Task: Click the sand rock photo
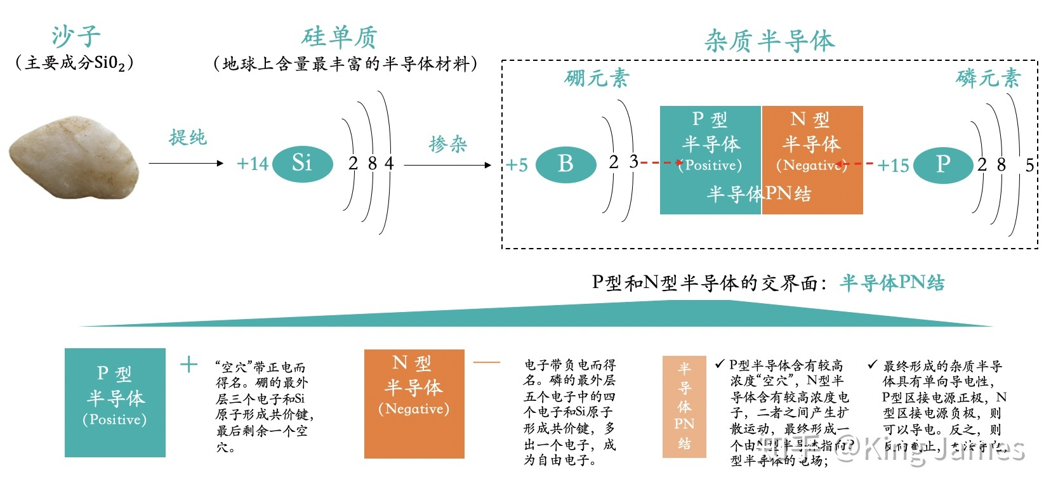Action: click(73, 161)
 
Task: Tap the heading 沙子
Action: click(76, 37)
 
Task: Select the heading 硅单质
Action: click(340, 37)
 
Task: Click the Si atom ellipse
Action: click(302, 164)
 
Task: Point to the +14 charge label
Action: click(252, 164)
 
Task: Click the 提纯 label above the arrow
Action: click(188, 137)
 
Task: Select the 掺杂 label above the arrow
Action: click(448, 144)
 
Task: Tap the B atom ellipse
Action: click(565, 164)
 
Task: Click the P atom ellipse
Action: click(942, 164)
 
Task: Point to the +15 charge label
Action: click(893, 166)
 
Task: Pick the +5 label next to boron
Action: click(517, 166)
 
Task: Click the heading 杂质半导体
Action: click(769, 41)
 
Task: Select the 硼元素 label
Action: click(597, 78)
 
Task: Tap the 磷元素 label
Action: click(988, 78)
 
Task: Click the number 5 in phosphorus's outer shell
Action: click(1029, 165)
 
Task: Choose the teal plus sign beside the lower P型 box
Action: click(188, 364)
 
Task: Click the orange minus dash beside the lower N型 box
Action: click(487, 363)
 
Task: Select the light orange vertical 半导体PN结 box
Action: click(684, 406)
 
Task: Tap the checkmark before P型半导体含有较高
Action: click(719, 364)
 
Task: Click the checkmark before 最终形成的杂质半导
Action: click(873, 365)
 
